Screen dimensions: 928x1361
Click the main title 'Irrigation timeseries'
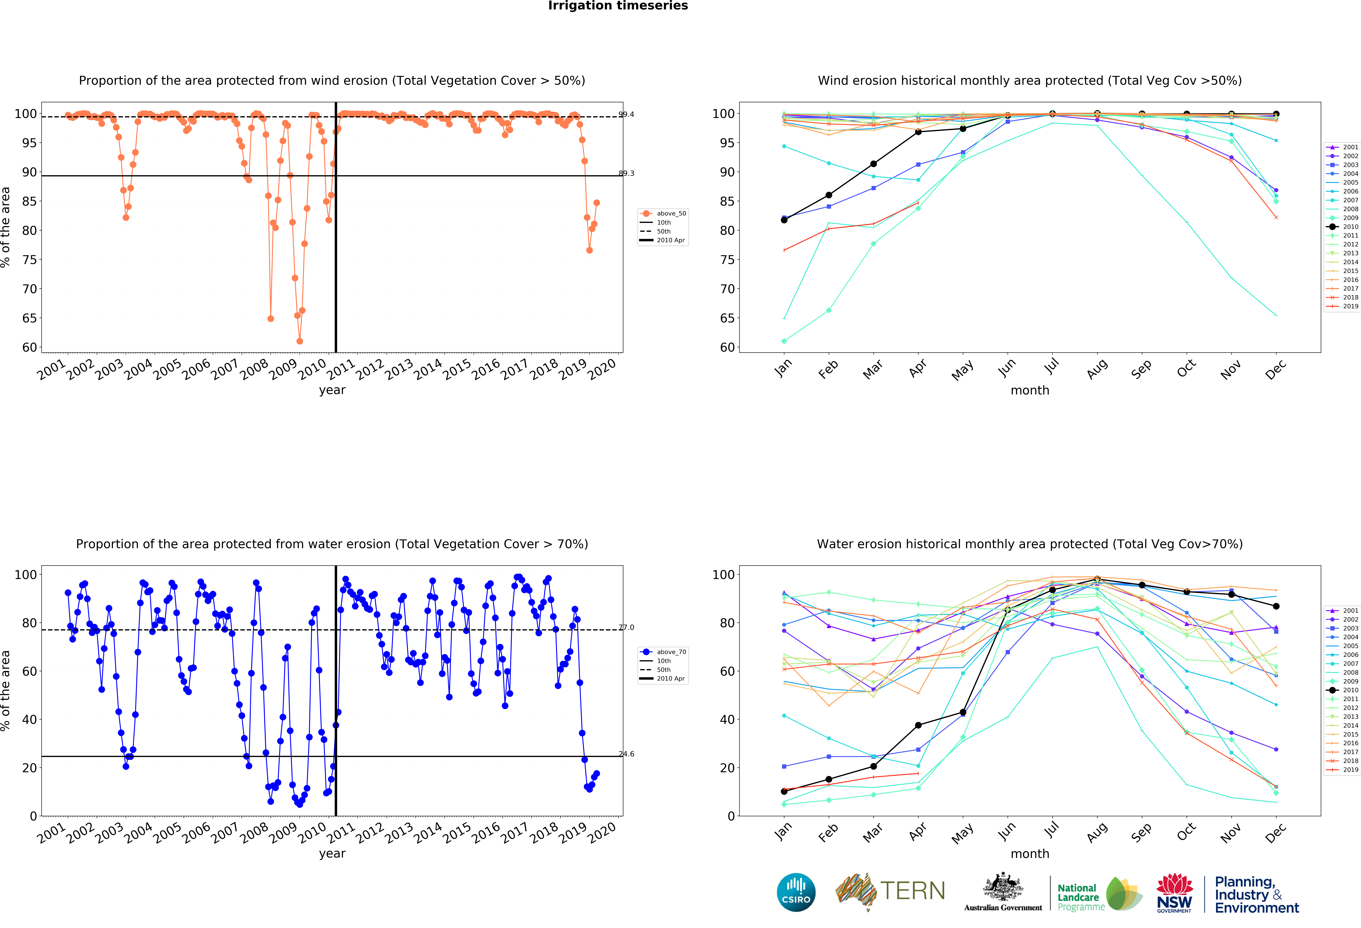click(618, 6)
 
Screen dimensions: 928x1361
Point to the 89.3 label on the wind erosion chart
click(626, 173)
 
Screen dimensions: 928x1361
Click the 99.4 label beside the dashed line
click(626, 114)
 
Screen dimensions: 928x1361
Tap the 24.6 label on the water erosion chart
click(626, 754)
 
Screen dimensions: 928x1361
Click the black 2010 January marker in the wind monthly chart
click(784, 220)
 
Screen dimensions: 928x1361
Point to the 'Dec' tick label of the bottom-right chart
click(1275, 832)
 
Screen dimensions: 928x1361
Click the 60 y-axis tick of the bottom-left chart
click(29, 671)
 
